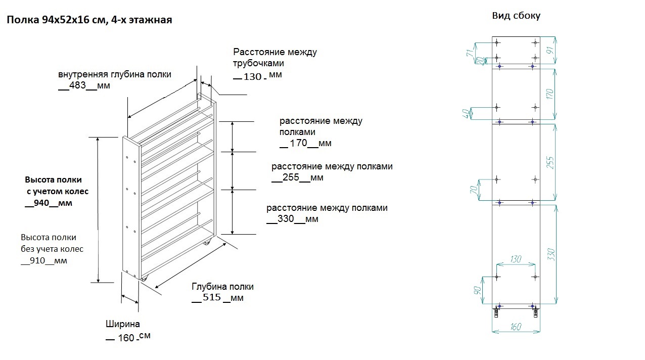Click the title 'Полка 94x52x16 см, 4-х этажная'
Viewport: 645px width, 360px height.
point(89,20)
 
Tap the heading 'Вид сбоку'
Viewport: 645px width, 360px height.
point(516,16)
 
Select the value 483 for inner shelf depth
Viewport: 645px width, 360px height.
point(77,85)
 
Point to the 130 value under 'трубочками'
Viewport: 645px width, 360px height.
point(253,77)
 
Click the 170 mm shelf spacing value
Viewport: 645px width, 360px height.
point(299,143)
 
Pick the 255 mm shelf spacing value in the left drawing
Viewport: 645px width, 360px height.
point(291,177)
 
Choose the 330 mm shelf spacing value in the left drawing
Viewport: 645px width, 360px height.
point(286,218)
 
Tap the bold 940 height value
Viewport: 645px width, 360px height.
point(41,203)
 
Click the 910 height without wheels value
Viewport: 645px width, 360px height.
point(37,260)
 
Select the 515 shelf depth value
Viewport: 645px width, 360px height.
point(212,297)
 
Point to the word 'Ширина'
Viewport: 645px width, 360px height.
point(123,324)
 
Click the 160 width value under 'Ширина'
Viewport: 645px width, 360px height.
point(126,338)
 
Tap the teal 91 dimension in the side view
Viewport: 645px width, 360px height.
point(550,50)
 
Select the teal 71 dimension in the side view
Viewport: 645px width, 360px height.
point(470,53)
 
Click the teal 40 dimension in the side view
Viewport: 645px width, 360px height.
point(466,113)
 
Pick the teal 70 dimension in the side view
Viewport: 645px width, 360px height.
point(474,190)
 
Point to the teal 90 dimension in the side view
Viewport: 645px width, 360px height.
point(477,291)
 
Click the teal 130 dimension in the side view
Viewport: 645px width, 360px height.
point(516,259)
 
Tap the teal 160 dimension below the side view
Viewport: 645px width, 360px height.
point(516,327)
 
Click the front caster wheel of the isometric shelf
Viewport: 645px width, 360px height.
point(144,278)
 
